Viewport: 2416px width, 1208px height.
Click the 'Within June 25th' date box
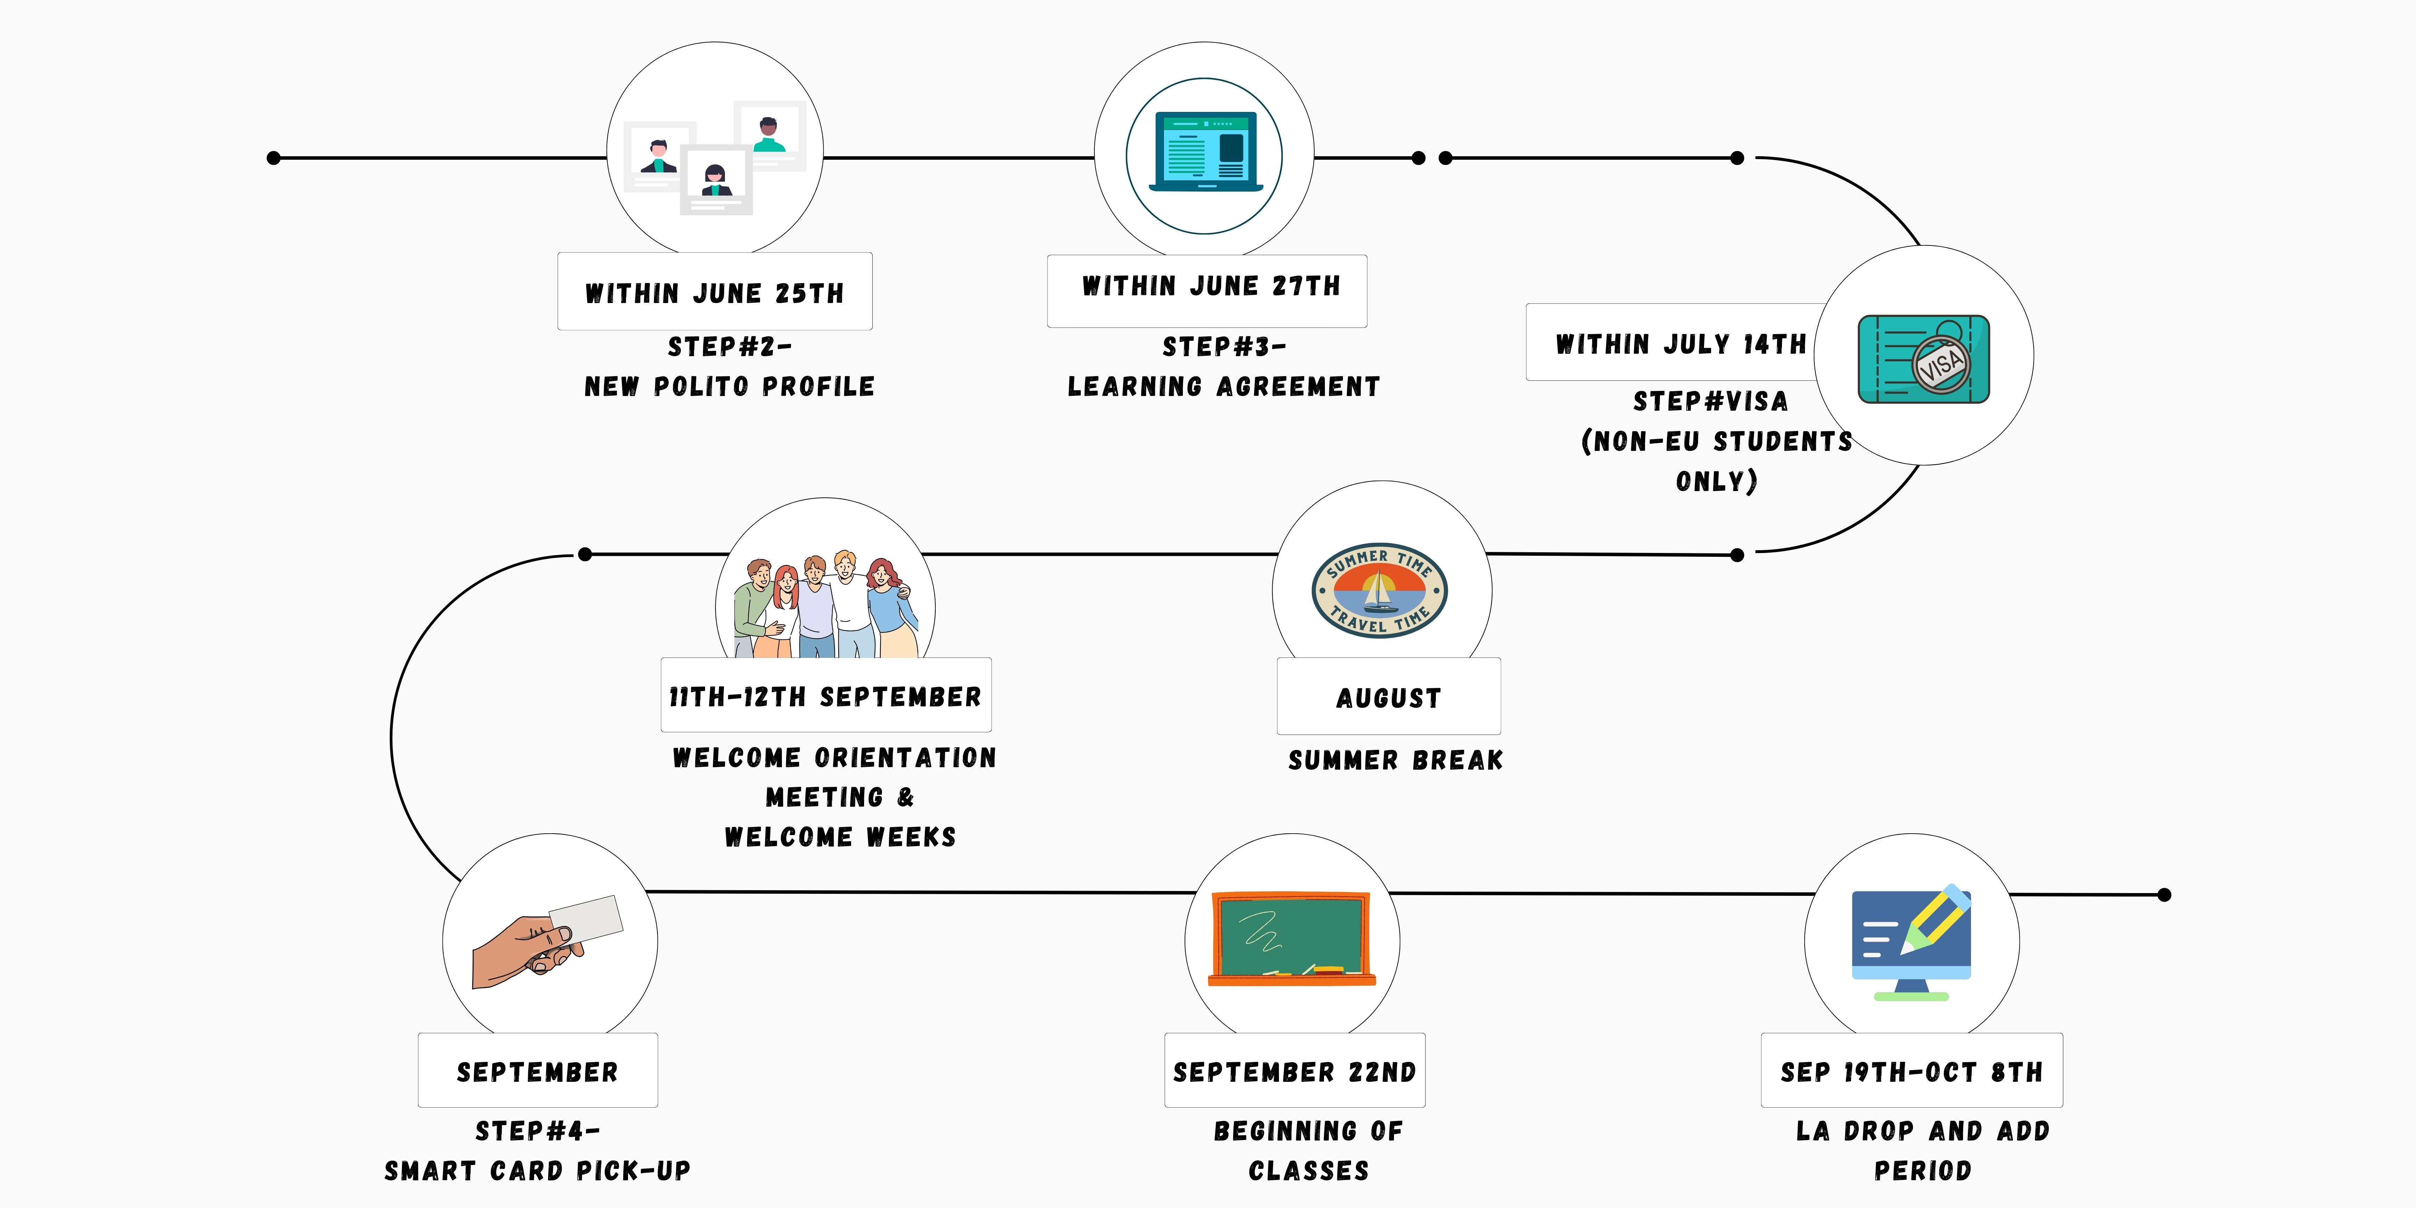[x=715, y=292]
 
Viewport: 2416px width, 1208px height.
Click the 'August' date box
[x=1388, y=697]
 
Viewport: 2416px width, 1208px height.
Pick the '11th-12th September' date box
[x=825, y=696]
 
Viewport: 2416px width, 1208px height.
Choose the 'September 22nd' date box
[x=1294, y=1071]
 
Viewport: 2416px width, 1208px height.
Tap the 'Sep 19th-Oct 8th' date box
[x=1911, y=1071]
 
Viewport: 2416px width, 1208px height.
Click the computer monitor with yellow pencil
[x=1911, y=941]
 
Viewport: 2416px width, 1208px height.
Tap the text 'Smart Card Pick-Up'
[x=537, y=1171]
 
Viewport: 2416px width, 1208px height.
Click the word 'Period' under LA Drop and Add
[x=1923, y=1171]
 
